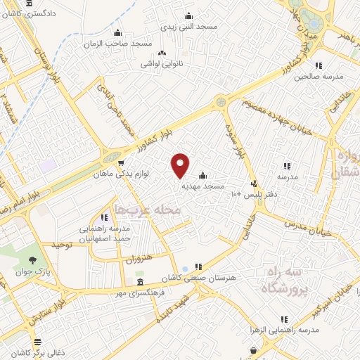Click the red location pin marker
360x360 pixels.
[180, 164]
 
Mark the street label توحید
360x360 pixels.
[61, 245]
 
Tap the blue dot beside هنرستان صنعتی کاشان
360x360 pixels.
[184, 269]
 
